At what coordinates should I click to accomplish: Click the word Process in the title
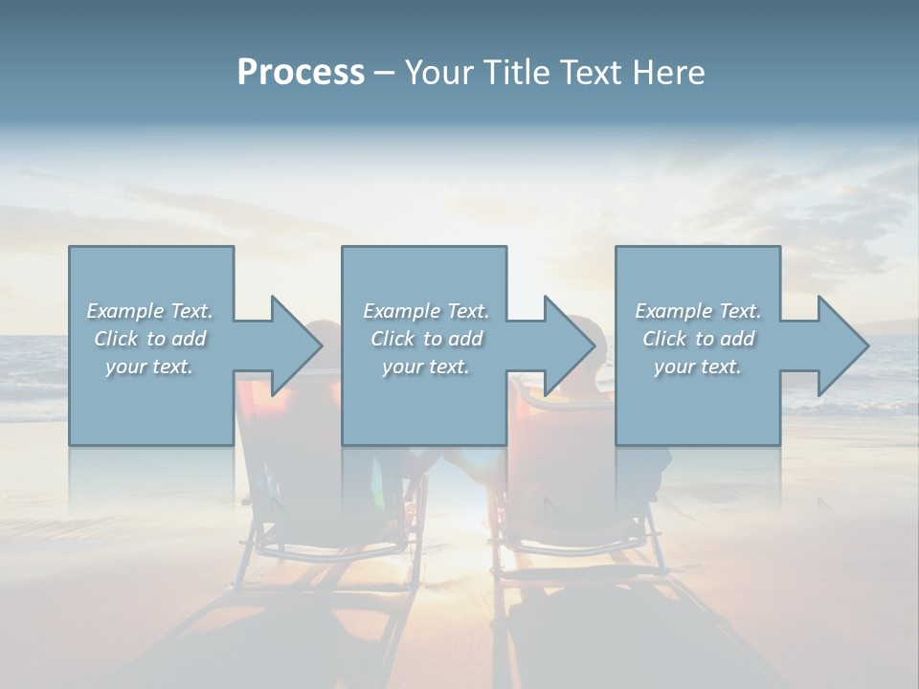(301, 73)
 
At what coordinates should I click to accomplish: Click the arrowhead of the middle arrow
(569, 345)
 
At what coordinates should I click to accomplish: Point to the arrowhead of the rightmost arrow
(842, 345)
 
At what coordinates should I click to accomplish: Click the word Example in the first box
(124, 311)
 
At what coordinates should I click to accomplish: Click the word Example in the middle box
(401, 311)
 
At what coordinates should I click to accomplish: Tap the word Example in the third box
(673, 311)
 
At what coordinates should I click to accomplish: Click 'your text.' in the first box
(148, 367)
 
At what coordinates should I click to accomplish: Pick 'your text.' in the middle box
(425, 367)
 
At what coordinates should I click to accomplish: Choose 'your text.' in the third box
(697, 367)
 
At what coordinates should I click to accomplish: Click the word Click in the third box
(664, 339)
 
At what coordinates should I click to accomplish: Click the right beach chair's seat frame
(574, 545)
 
